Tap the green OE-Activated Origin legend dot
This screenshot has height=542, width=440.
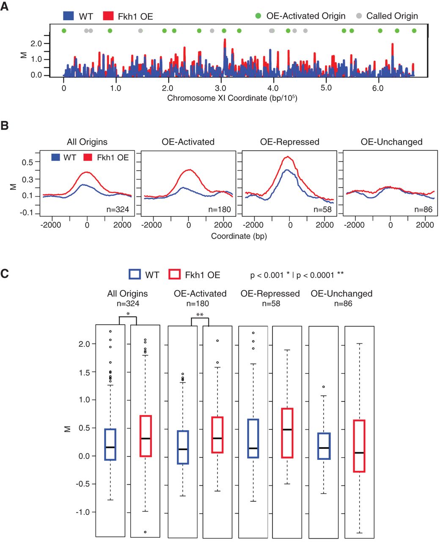[x=258, y=16]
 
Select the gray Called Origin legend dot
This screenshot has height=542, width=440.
[x=359, y=16]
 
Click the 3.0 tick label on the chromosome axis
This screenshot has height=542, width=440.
[x=220, y=88]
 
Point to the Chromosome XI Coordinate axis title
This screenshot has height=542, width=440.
[x=232, y=98]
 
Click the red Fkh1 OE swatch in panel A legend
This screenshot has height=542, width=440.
[x=109, y=16]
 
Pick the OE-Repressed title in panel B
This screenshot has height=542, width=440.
[x=289, y=142]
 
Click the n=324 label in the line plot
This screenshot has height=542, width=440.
[x=119, y=209]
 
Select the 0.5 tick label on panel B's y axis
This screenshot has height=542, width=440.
[x=27, y=163]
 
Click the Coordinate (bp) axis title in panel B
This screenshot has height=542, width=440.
[x=239, y=236]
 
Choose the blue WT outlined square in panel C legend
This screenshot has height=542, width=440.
[x=135, y=274]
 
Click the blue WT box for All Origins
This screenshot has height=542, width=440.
[x=110, y=444]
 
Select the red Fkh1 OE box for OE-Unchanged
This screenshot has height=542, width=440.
[x=359, y=446]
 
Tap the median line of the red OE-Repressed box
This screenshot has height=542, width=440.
[x=287, y=429]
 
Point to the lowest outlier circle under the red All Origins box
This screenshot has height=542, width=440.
[x=145, y=532]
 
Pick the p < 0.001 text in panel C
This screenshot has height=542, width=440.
[x=267, y=275]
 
